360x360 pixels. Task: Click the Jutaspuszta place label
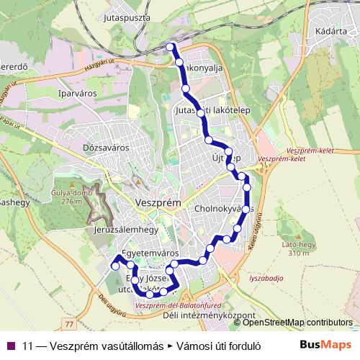pos(126,15)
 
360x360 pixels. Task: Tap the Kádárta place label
pos(330,32)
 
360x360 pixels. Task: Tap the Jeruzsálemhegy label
pos(125,230)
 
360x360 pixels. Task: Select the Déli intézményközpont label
pos(209,315)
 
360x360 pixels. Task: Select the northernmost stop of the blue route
pos(171,47)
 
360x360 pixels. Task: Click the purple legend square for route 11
pos(11,345)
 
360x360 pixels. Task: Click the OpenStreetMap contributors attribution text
pos(297,323)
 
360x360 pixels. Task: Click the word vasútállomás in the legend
pos(132,345)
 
